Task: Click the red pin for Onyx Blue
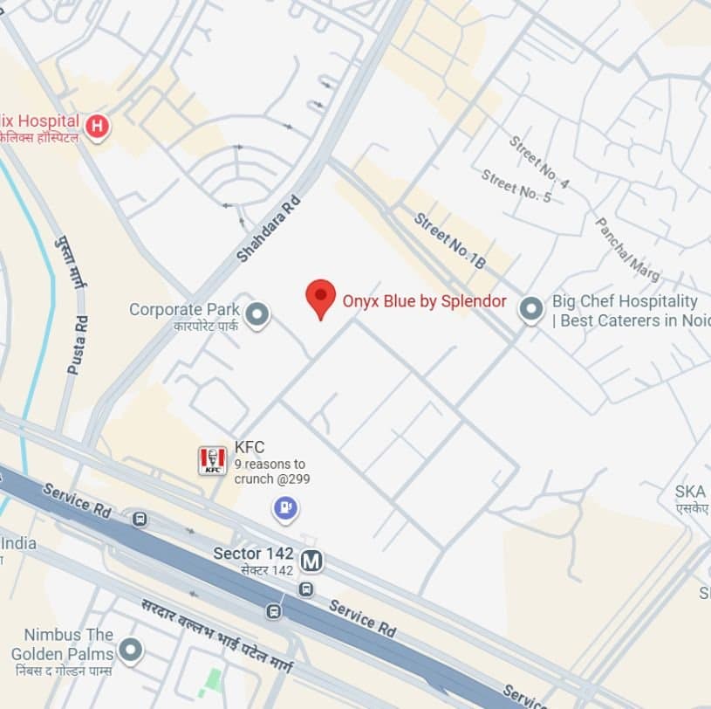[321, 297]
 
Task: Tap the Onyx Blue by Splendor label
[424, 300]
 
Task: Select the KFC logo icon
[212, 460]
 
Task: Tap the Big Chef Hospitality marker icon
[531, 310]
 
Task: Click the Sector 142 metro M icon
[311, 561]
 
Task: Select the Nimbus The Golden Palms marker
[130, 650]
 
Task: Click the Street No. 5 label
[516, 186]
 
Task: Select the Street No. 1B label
[449, 241]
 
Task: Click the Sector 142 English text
[253, 554]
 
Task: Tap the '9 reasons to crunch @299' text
[271, 472]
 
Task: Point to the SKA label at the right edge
[690, 492]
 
